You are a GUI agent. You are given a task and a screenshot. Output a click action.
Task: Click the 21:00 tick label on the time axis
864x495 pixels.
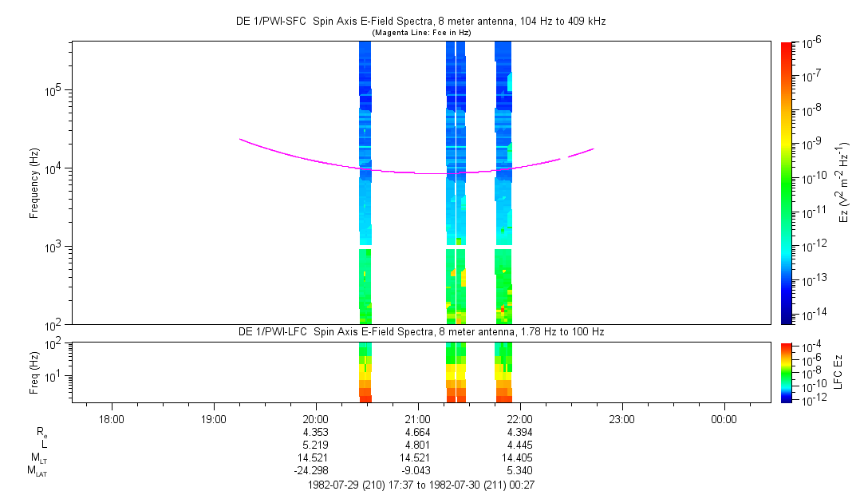[418, 419]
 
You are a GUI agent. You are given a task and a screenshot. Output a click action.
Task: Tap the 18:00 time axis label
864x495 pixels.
[112, 419]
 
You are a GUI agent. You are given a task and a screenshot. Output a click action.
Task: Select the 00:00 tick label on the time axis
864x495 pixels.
[724, 419]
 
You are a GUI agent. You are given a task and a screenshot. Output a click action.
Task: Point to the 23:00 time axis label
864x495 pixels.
[621, 419]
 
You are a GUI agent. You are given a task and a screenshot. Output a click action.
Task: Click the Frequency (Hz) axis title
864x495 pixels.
[34, 184]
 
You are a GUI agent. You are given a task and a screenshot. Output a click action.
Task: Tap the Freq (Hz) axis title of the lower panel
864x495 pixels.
[34, 373]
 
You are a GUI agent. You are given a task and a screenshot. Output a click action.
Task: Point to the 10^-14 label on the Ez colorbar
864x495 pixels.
[811, 315]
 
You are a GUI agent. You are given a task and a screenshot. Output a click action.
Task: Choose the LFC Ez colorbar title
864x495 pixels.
[838, 372]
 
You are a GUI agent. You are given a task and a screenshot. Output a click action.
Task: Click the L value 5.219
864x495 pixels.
[316, 445]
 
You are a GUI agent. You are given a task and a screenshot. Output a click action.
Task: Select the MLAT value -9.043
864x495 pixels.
[416, 470]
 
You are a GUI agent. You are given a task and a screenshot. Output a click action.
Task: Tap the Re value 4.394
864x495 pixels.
[519, 432]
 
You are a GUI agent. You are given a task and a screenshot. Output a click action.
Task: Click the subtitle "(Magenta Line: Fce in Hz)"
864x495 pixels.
[421, 33]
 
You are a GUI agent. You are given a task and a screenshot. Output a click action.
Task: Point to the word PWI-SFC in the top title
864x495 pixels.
[291, 22]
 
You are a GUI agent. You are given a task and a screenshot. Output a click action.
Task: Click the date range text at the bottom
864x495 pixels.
[421, 485]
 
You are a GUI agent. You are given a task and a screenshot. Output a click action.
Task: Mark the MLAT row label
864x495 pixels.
[37, 471]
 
